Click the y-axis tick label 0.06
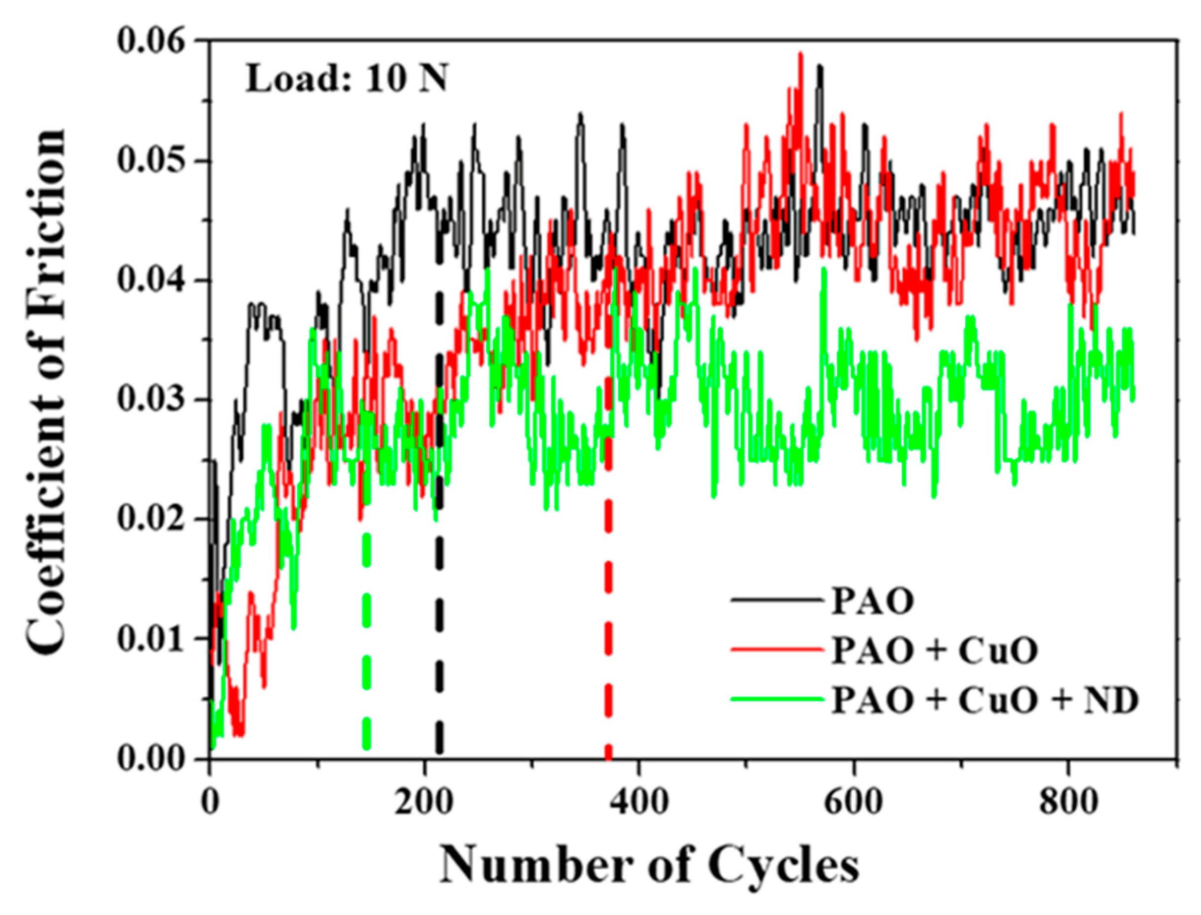(x=154, y=42)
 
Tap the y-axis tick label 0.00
(x=154, y=759)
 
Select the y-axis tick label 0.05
(x=154, y=162)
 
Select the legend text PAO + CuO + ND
(x=984, y=702)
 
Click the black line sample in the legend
(x=777, y=600)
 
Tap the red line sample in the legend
(x=777, y=649)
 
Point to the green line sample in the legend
(x=777, y=699)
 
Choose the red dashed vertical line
(x=608, y=599)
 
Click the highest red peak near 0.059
(x=801, y=55)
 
